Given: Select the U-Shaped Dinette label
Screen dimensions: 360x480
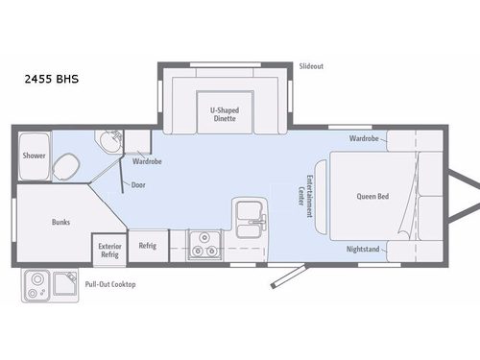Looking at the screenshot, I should pyautogui.click(x=225, y=114).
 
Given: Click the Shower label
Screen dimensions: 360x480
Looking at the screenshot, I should pyautogui.click(x=34, y=156).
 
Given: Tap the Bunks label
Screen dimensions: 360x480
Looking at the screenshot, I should pyautogui.click(x=60, y=222).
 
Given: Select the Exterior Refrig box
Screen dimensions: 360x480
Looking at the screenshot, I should pyautogui.click(x=109, y=249).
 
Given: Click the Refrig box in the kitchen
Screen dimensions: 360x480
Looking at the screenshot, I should pyautogui.click(x=148, y=246).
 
